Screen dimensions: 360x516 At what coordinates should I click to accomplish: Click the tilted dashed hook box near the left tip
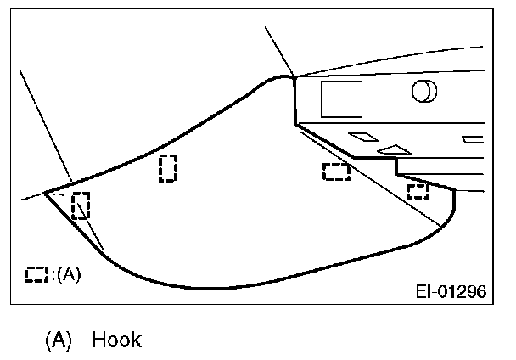[x=81, y=205]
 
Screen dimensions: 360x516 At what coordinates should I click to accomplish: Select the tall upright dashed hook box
[x=168, y=168]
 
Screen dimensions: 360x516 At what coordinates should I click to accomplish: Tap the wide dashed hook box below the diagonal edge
[x=337, y=172]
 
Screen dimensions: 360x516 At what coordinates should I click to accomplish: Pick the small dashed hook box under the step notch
[x=417, y=191]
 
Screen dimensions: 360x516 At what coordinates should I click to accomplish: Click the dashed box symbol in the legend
[x=36, y=274]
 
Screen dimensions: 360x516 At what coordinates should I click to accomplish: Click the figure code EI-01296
[x=451, y=292]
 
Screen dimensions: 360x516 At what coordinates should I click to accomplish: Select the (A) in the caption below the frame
[x=58, y=340]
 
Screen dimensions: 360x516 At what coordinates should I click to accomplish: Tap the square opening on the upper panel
[x=340, y=99]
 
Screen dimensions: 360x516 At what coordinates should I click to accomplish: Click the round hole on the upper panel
[x=424, y=90]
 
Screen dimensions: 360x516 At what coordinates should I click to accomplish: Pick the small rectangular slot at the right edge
[x=473, y=138]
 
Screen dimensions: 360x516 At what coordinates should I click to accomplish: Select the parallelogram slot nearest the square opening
[x=363, y=136]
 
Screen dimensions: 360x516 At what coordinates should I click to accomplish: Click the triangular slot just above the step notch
[x=393, y=149]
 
